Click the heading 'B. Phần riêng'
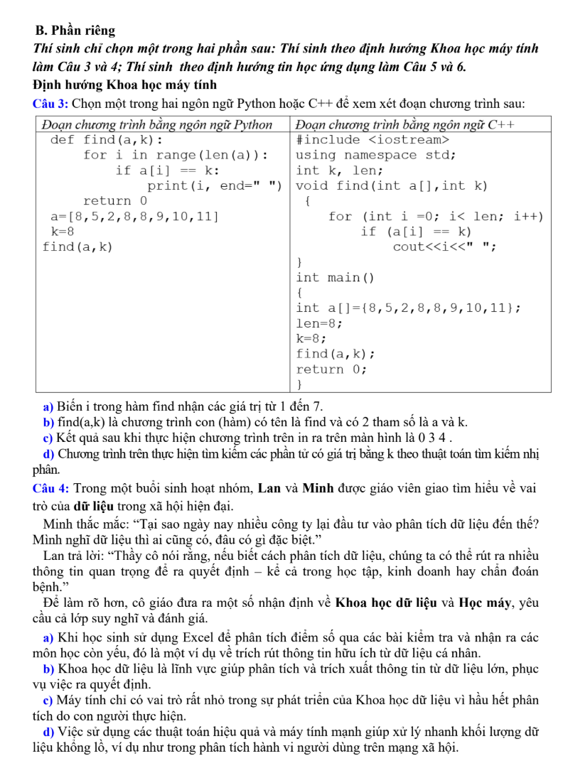coord(75,31)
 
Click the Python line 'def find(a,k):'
coord(107,139)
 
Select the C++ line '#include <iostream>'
coord(368,139)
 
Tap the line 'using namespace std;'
coord(375,155)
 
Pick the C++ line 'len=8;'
coord(319,323)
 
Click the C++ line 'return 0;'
coord(331,369)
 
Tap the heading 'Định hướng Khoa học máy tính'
coord(105,86)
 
